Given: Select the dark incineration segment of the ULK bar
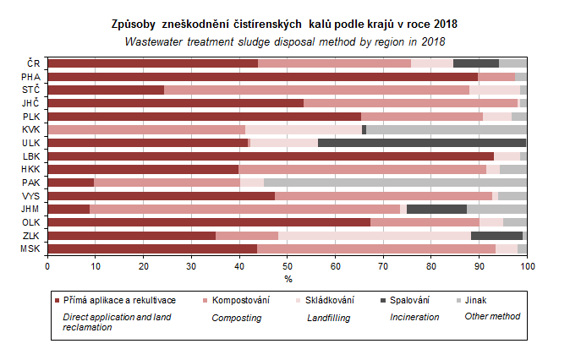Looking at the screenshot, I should (x=422, y=143).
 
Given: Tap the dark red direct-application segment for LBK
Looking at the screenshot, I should (x=271, y=156).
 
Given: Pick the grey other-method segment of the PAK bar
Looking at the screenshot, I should (x=395, y=183).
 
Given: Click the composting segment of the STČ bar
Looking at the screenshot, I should (x=316, y=90).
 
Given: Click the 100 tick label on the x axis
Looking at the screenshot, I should (x=527, y=265).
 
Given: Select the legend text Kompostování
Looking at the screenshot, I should (x=241, y=300).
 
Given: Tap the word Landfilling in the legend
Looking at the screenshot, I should (x=329, y=318).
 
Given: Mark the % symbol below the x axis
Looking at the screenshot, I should (x=288, y=278).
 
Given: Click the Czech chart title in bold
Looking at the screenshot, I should (x=285, y=25).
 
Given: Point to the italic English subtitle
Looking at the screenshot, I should (x=285, y=41).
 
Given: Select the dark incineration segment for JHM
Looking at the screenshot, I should (x=436, y=209).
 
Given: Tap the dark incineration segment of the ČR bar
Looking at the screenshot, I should (x=476, y=63).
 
